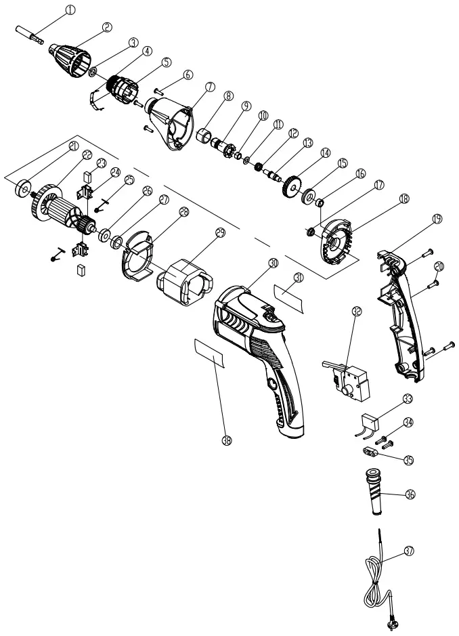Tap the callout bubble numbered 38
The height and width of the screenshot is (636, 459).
click(x=227, y=440)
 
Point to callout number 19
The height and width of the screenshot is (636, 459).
click(x=437, y=219)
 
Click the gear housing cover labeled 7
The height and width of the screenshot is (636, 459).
click(x=171, y=121)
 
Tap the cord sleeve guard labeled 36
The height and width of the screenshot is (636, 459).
click(x=375, y=498)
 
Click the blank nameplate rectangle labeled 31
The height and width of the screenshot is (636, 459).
click(x=290, y=297)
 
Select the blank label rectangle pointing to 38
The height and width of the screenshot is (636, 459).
click(x=209, y=353)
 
